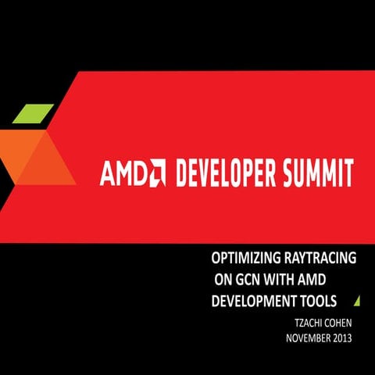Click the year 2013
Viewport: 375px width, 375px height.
[x=341, y=338]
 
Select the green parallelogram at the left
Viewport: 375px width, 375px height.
[x=33, y=112]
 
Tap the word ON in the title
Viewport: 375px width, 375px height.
[x=223, y=279]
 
